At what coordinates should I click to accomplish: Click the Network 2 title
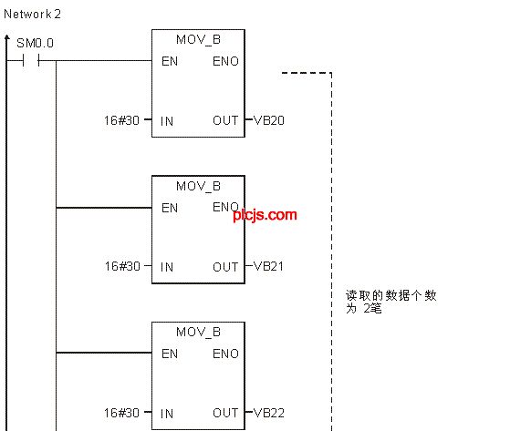32,15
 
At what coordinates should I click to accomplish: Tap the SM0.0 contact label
35,44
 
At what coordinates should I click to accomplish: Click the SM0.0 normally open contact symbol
31,61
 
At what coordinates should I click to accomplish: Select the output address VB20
269,120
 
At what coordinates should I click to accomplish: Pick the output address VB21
268,266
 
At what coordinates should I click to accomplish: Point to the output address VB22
269,413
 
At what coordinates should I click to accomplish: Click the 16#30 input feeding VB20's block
121,120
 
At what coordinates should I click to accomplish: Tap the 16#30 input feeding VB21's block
122,266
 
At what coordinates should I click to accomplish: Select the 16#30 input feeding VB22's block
121,413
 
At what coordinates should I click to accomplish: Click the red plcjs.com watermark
265,215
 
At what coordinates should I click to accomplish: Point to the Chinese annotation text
391,302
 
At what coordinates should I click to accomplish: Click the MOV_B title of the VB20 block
199,40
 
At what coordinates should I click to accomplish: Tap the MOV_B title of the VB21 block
199,186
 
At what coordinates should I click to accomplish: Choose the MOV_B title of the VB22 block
199,332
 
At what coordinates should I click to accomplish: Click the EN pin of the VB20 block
170,61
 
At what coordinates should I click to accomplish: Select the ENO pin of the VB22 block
225,354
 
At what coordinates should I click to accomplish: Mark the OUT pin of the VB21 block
225,267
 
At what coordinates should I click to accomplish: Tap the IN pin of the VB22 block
167,414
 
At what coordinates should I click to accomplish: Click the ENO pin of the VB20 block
225,61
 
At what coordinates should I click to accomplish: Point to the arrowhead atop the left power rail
7,37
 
